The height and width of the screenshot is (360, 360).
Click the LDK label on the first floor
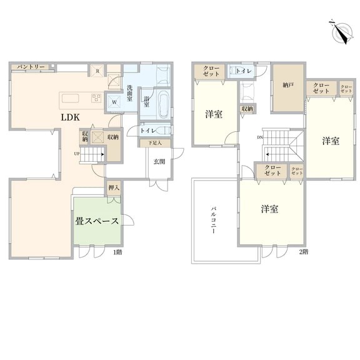point(70,117)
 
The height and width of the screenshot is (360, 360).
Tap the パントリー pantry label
point(31,67)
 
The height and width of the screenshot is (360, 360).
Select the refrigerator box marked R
point(97,71)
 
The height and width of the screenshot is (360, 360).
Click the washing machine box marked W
point(114,102)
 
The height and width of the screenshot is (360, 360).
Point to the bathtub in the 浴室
point(163,103)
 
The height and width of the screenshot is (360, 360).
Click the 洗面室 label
point(130,94)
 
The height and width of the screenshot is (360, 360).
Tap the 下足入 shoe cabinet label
point(155,142)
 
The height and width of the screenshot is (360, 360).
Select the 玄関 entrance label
point(159,162)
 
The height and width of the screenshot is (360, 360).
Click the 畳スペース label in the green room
point(97,221)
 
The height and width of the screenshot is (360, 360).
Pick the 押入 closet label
point(114,187)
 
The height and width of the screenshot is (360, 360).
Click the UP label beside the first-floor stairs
point(77,154)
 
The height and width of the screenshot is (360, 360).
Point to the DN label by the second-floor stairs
point(260,137)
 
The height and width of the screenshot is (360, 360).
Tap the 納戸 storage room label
point(288,85)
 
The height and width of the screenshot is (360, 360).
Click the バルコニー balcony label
point(214,221)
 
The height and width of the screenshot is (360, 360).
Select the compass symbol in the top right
point(342,33)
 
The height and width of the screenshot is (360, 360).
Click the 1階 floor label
point(117,252)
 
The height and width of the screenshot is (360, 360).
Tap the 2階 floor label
point(304,252)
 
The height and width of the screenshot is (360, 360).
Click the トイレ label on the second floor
point(244,71)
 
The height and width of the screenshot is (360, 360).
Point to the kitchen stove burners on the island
point(96,98)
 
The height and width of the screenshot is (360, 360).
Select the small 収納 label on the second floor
point(247,109)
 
